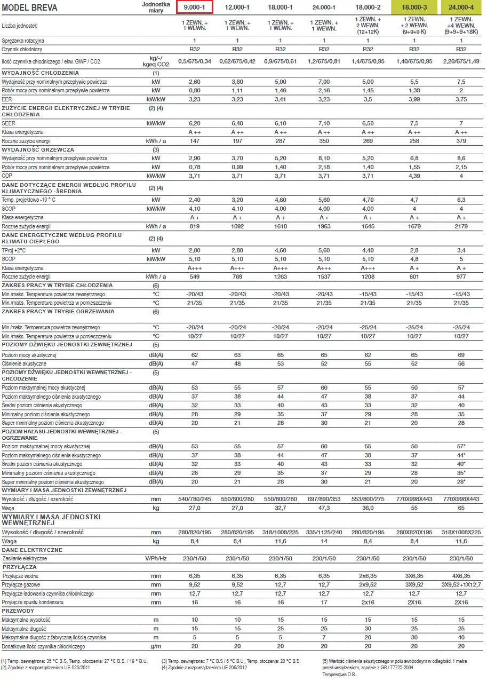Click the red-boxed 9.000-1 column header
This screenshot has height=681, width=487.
pos(195,7)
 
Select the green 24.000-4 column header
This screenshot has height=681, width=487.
pos(461,7)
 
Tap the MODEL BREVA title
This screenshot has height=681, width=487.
pos(29,7)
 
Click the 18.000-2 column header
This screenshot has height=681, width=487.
pos(368,7)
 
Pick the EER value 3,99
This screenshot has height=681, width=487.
pos(414,99)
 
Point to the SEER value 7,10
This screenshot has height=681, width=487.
pos(324,123)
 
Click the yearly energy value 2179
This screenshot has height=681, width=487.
pos(461,226)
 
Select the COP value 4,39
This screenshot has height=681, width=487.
pos(414,176)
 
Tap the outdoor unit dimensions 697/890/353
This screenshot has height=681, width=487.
pos(324,499)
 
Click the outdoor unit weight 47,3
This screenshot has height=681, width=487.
pos(324,508)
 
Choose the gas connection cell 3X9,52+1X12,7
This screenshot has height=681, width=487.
pos(461,584)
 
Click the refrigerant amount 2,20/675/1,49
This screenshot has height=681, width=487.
pos(461,61)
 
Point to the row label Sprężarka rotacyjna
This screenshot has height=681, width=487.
pos(23,41)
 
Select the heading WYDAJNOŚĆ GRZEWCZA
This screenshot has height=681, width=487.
pos(38,149)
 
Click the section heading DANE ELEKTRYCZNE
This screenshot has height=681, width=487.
pos(32,550)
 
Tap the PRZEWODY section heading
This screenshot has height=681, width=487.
pos(18,611)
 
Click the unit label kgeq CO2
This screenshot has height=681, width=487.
pos(156,65)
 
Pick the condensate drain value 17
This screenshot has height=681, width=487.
pos(324,602)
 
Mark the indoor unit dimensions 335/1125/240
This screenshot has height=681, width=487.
pos(324,532)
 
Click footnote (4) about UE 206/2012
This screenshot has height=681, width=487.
pos(204,668)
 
